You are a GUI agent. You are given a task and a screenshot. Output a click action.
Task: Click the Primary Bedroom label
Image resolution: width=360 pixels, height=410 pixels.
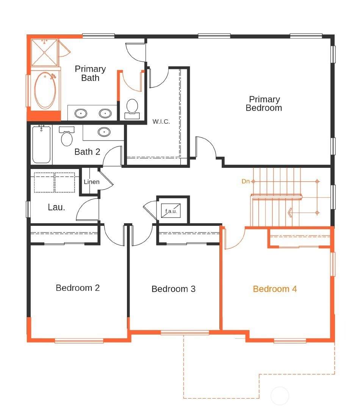tap(264, 103)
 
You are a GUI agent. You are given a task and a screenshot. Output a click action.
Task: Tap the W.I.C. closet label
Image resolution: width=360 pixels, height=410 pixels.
tap(161, 122)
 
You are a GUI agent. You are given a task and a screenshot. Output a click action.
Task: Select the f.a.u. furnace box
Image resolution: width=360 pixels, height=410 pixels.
tap(171, 211)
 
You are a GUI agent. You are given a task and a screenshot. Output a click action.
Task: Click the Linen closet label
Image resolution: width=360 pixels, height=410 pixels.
tap(91, 182)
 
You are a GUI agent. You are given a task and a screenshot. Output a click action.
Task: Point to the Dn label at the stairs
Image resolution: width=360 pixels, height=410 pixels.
tap(246, 181)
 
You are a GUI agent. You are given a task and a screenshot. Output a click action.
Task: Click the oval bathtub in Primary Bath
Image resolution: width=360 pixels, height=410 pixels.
tap(45, 90)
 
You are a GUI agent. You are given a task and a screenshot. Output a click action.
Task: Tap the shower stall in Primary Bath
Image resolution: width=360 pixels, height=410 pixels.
tap(44, 52)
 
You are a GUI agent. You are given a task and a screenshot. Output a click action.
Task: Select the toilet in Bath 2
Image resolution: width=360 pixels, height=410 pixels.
tap(67, 136)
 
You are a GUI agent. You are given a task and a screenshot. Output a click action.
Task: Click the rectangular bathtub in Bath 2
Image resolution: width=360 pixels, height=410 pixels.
tap(41, 144)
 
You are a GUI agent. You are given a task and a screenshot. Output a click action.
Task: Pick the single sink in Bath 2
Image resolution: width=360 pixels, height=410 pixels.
tap(104, 132)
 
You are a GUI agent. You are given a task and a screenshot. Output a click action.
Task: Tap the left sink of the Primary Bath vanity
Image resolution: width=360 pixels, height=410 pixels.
tap(81, 113)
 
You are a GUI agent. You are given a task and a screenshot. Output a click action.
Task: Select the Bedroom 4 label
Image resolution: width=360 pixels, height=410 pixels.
tap(275, 289)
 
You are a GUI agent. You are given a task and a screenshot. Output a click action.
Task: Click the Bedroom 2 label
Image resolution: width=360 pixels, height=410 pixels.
tap(78, 288)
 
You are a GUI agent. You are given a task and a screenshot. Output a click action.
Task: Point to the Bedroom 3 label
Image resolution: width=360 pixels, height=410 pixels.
tap(173, 289)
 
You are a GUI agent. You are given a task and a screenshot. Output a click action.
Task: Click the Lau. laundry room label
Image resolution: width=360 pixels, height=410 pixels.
tap(56, 207)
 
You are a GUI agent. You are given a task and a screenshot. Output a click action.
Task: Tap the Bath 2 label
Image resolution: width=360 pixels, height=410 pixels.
tap(87, 152)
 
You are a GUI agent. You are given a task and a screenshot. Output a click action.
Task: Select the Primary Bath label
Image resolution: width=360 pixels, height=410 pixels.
tap(90, 73)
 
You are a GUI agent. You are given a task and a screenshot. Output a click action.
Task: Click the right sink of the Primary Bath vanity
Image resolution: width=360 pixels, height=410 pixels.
tap(105, 113)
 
